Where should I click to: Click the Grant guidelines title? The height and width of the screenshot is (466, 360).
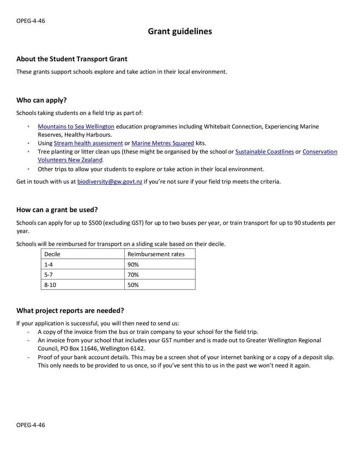(180, 32)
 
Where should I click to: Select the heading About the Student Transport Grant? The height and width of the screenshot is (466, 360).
(72, 59)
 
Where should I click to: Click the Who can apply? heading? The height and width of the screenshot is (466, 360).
(41, 100)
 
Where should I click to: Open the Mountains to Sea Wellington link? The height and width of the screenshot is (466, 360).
(76, 127)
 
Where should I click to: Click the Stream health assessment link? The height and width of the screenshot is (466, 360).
(88, 143)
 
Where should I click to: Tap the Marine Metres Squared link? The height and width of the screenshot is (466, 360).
(162, 143)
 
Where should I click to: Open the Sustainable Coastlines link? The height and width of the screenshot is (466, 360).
(264, 152)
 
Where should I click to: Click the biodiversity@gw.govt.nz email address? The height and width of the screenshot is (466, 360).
(109, 182)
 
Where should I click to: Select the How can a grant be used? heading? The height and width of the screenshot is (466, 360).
(57, 210)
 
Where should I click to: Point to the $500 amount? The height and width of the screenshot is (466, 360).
(96, 223)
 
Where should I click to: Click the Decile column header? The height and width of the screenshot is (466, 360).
(52, 254)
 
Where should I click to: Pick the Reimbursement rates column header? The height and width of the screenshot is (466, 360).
(156, 254)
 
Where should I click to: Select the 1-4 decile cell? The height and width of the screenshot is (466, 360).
(48, 265)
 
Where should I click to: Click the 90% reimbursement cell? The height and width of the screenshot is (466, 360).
(133, 265)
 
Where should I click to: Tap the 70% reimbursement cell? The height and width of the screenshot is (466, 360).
(133, 275)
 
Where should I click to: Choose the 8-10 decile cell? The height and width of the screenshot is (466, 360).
(50, 285)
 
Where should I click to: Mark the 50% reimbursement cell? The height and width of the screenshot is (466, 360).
(133, 285)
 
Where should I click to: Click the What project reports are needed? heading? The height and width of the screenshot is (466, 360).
(70, 311)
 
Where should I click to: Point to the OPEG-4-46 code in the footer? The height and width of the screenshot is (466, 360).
(31, 425)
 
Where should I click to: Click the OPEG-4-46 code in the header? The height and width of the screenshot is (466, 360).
(31, 21)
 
